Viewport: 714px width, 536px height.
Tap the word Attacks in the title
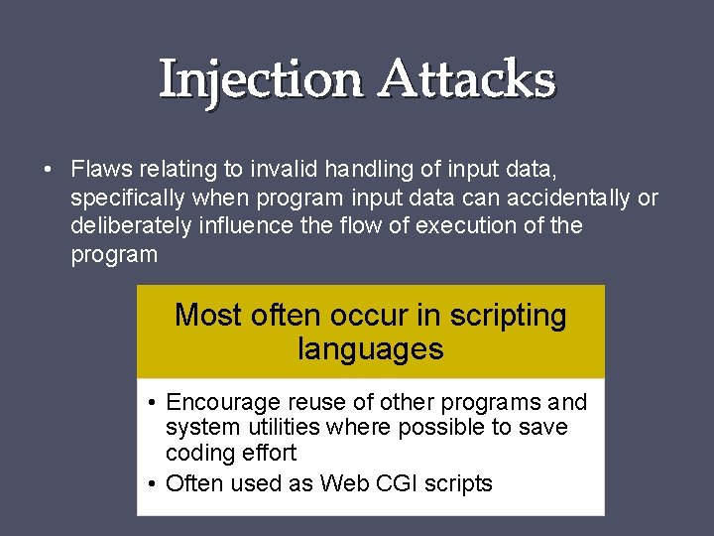[468, 79]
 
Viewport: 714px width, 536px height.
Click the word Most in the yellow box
[208, 316]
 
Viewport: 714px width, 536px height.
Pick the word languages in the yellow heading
[370, 349]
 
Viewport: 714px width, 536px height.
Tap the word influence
[244, 225]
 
